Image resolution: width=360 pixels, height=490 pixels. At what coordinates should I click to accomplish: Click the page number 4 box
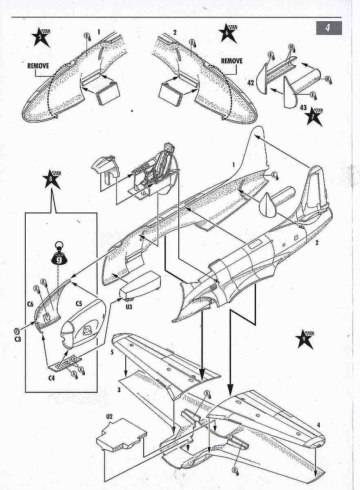328,28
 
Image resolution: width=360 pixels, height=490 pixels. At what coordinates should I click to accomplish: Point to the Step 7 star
313,116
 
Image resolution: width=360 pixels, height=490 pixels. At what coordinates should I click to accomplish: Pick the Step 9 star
305,339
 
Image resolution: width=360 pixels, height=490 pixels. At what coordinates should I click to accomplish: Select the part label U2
109,416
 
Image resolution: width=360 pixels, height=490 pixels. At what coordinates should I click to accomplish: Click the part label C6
30,304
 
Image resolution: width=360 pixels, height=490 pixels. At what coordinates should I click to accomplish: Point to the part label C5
79,303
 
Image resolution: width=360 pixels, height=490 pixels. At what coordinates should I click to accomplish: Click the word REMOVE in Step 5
38,65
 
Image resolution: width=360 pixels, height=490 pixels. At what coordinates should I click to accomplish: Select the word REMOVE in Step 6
231,61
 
